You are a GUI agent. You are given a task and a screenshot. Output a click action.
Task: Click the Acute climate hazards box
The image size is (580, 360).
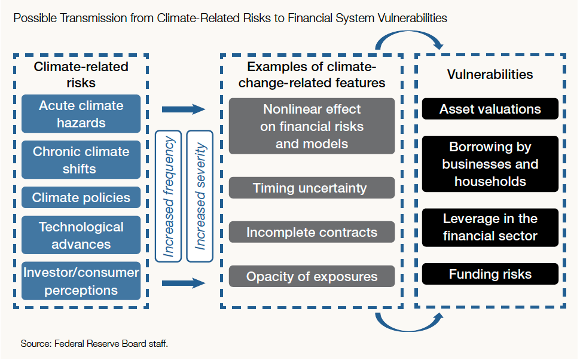81,114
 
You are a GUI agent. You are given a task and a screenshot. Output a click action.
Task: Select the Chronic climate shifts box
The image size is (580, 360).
81,160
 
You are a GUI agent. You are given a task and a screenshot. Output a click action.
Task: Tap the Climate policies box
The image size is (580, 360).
81,197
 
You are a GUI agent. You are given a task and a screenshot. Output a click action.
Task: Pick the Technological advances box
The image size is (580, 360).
81,235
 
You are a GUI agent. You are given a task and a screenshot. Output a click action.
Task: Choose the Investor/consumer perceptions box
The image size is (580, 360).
81,281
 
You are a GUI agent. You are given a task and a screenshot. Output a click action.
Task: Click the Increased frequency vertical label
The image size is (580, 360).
168,196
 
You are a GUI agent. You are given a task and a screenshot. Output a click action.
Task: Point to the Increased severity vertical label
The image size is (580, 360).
200,196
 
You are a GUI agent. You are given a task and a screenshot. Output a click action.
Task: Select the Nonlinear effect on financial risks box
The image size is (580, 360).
312,126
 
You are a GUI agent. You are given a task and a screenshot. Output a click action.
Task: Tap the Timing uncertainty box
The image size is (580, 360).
312,188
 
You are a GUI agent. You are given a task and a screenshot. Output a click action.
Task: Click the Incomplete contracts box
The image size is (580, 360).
312,232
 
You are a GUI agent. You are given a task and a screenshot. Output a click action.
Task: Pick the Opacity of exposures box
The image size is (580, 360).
312,276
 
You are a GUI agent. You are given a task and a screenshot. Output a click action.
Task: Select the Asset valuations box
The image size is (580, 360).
490,109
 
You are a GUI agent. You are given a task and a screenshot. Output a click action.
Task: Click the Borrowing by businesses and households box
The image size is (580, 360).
490,164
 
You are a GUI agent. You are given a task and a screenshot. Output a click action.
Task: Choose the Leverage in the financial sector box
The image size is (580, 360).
490,228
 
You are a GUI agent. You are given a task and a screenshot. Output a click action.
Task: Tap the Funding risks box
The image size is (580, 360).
490,274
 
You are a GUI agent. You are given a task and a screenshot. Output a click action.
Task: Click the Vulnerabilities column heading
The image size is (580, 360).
490,74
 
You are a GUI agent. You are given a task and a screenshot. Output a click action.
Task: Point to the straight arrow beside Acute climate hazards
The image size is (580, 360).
184,109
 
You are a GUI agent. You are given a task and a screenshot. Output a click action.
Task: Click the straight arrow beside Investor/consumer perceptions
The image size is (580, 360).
184,283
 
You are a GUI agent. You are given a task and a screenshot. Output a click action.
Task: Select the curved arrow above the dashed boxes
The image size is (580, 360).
409,32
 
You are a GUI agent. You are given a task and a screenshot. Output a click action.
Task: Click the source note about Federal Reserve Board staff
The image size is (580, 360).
94,344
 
